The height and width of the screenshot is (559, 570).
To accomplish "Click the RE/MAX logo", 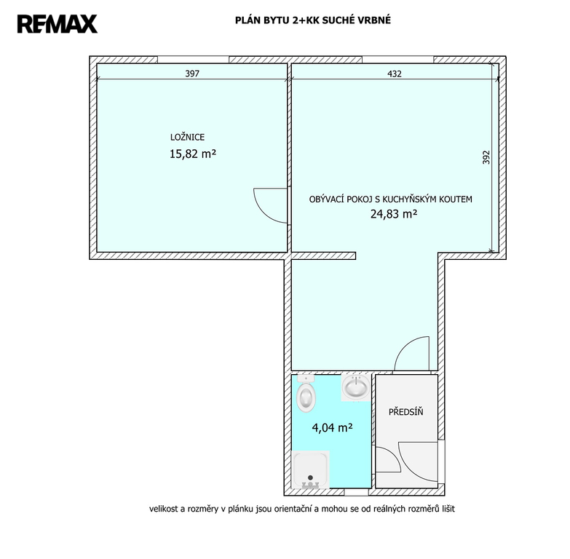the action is click(x=57, y=24).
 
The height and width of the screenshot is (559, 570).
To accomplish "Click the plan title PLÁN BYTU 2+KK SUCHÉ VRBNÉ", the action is click(x=312, y=20).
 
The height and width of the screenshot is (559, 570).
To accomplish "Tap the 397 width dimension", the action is click(x=192, y=74).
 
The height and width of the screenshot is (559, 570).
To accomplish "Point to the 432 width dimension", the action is click(x=395, y=74).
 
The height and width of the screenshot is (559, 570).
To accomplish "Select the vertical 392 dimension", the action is click(x=486, y=157).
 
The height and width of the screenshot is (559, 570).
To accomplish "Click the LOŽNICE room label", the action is click(x=188, y=138).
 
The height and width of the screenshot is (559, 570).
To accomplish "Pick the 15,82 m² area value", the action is click(x=193, y=154).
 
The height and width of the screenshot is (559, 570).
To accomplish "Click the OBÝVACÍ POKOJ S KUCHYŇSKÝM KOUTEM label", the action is click(x=391, y=199).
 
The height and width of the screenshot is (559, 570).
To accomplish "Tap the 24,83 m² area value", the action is click(x=394, y=214).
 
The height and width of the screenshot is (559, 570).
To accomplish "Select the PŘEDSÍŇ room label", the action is click(x=406, y=412).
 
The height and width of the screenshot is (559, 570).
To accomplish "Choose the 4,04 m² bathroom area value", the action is click(x=332, y=427).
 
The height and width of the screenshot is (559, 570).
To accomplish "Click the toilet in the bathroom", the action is click(x=306, y=393).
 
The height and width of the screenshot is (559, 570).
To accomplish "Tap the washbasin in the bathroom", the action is click(x=356, y=387).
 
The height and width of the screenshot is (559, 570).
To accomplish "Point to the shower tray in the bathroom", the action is click(x=311, y=469).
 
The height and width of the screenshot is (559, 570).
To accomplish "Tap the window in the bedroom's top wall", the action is click(x=194, y=60).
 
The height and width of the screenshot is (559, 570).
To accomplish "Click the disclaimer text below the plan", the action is click(x=301, y=509).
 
